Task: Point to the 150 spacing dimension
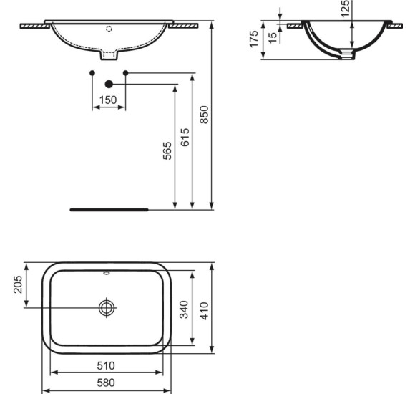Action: pos(108,100)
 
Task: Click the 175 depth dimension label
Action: pos(254,40)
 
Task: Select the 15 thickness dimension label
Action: pos(273,37)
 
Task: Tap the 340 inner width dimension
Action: pos(185,309)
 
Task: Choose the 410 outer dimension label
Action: pos(205,309)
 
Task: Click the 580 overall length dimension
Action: pos(107,383)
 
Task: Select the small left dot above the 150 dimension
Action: pos(92,72)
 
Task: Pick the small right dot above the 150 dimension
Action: pos(125,72)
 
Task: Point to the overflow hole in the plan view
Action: pos(107,272)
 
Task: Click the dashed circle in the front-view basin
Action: pos(109,29)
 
